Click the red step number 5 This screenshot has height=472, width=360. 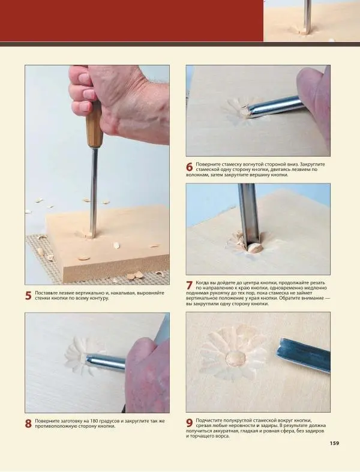pos(28,296)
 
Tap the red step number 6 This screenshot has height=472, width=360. pos(189,167)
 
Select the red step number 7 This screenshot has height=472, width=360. pos(189,285)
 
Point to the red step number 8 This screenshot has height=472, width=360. pos(28,424)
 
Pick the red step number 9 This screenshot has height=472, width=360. pos(189,423)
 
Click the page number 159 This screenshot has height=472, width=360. pos(334,443)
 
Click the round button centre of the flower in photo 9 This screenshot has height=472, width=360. pos(236,358)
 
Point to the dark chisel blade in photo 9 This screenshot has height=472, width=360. pos(304,355)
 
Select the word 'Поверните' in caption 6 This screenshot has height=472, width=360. pos(206,164)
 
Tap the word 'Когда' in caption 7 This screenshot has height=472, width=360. pos(202,283)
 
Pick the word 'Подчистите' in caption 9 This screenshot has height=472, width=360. pos(207,420)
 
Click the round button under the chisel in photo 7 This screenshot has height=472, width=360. pos(255,248)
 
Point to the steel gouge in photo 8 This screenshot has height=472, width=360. pos(106,361)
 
